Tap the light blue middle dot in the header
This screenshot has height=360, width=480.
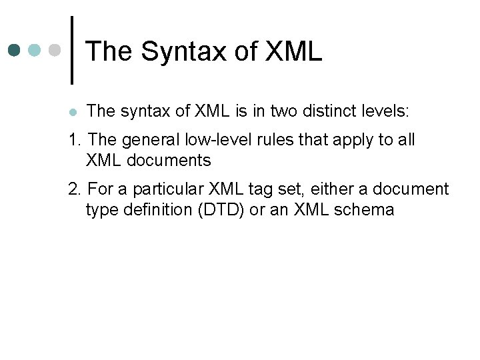(x=35, y=50)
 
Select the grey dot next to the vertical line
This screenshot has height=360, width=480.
(x=55, y=50)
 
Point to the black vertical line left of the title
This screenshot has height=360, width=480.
(x=71, y=50)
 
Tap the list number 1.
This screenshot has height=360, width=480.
(x=74, y=140)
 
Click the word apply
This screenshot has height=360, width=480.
(x=332, y=141)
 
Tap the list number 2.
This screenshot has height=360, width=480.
(x=74, y=189)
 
